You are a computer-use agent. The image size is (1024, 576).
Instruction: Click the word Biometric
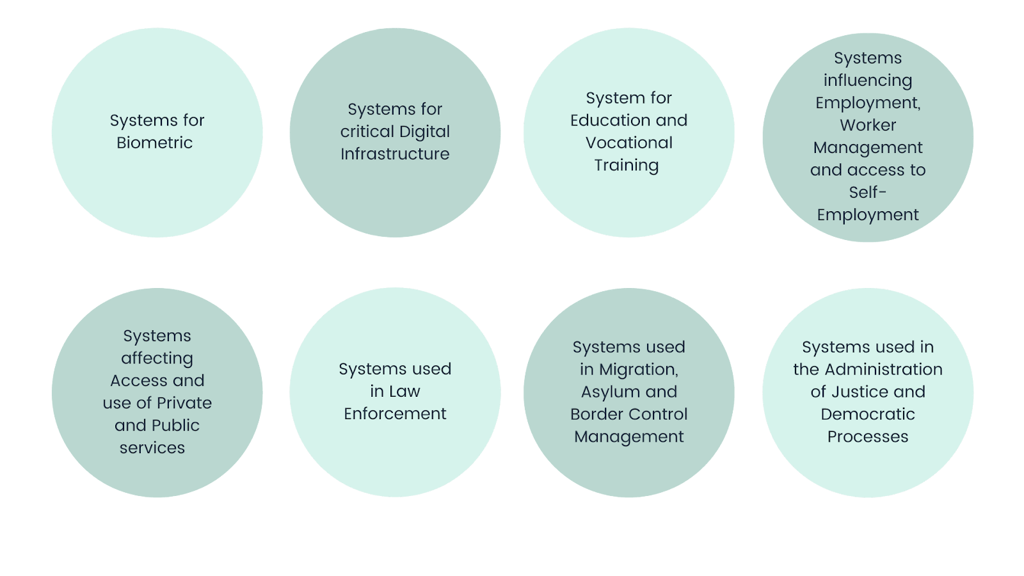click(x=154, y=143)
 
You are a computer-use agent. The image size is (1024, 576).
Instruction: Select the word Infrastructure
click(x=395, y=154)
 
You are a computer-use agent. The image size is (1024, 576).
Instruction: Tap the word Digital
click(x=423, y=132)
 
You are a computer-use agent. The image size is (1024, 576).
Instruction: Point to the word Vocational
click(x=628, y=143)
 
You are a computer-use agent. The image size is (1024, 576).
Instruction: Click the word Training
click(x=626, y=165)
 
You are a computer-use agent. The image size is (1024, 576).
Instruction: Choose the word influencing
click(x=867, y=81)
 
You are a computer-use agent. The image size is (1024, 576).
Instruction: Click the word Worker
click(x=867, y=125)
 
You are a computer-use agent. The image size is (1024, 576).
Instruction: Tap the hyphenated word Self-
click(x=867, y=192)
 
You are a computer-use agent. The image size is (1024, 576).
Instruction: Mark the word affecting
click(x=157, y=358)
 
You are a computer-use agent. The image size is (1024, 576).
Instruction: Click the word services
click(x=152, y=448)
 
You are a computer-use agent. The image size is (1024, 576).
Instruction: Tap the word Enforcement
click(x=395, y=414)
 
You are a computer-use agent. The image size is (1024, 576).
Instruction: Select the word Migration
click(x=637, y=370)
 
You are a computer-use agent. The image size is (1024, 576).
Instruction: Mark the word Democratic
click(x=867, y=414)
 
